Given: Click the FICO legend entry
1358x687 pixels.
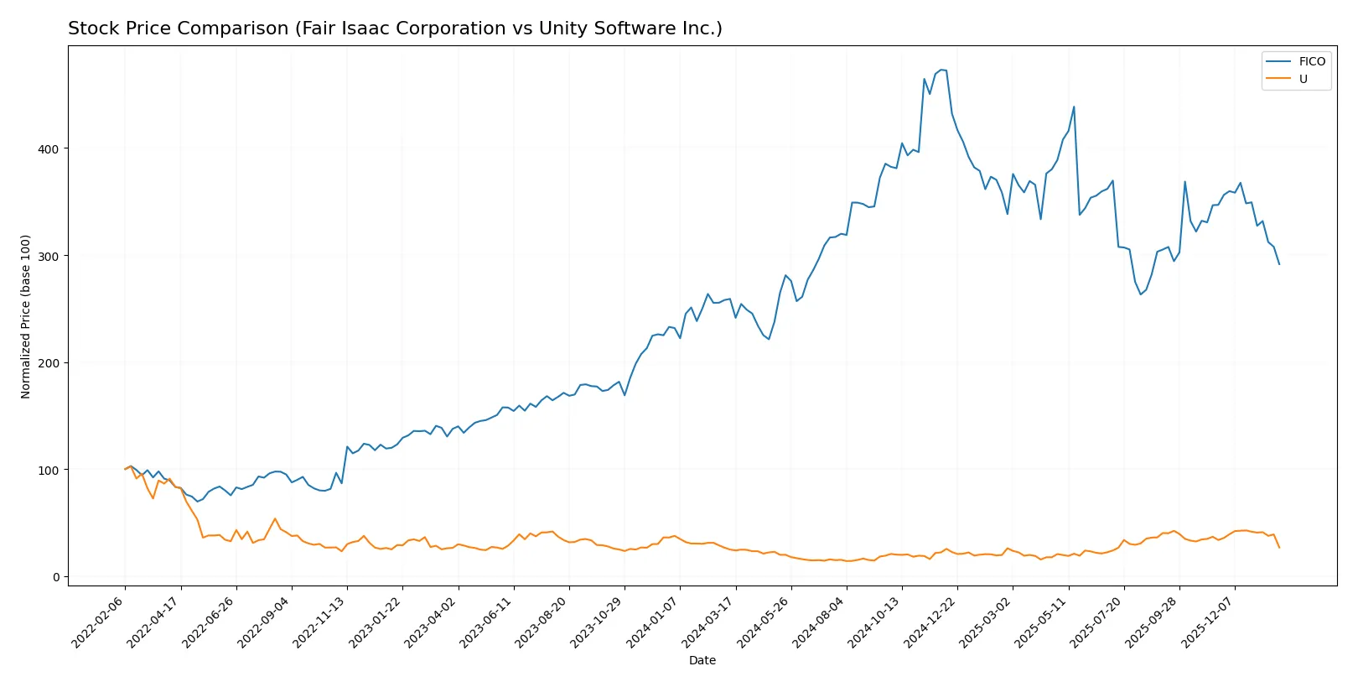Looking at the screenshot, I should tap(1311, 61).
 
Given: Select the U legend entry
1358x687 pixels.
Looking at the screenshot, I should tap(1303, 79).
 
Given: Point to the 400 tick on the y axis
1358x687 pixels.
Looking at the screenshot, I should tap(49, 149).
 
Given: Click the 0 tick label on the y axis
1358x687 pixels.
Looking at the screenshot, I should tap(56, 577).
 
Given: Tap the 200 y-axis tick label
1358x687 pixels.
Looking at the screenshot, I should tap(49, 363).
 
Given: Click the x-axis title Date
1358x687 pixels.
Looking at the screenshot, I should tap(702, 661).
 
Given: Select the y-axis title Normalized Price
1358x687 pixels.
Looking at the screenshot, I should tap(26, 316).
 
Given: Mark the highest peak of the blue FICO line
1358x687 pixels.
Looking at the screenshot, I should tap(941, 70).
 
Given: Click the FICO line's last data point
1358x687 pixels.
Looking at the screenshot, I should tap(1279, 264).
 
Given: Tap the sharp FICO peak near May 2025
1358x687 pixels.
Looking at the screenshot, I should tap(1074, 107).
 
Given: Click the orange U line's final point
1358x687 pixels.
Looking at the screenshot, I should tap(1279, 548).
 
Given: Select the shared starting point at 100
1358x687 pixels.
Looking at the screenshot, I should tap(125, 470).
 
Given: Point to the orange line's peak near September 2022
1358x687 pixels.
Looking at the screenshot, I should tap(275, 518).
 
